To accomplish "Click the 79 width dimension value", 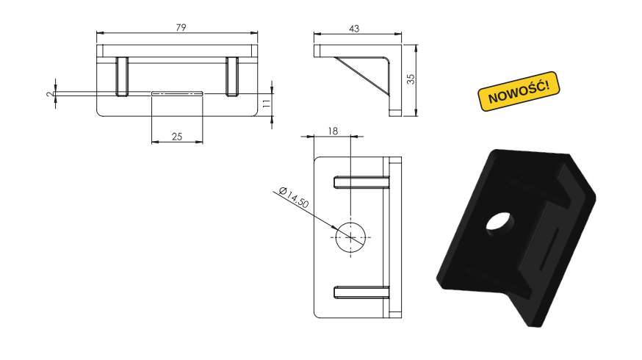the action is point(181,27).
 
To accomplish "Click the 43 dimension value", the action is point(354,29).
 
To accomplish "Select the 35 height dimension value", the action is point(411,79).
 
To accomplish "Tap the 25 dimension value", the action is point(177,137).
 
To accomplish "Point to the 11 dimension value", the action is point(267,103).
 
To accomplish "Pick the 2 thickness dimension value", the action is point(50,94).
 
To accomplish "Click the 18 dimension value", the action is point(333,131).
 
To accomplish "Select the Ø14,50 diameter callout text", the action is point(293,198).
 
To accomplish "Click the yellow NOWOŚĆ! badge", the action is point(519,91).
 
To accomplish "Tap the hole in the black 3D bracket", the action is point(498,223).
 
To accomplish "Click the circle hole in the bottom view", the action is point(350,237).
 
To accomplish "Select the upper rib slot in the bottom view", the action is point(361,182).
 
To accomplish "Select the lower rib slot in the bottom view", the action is point(361,292).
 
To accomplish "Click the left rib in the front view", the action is point(122,76).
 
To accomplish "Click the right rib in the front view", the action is point(232,76).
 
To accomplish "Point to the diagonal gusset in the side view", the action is point(362,76).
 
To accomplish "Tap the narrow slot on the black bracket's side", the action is point(549,249).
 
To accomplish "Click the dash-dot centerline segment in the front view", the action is point(177,94).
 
